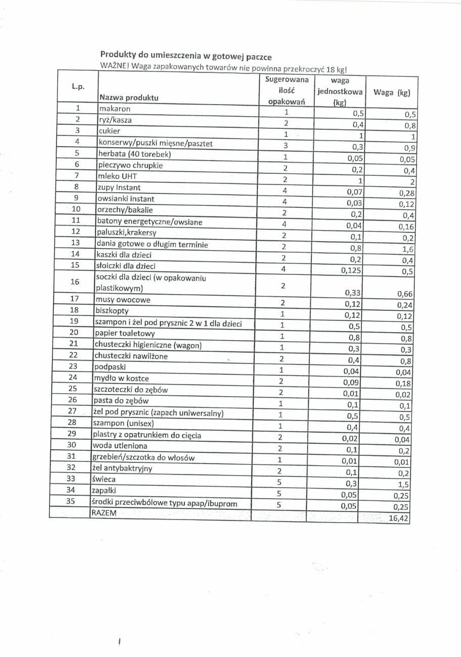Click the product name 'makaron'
point(114,109)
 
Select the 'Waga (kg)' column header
point(391,92)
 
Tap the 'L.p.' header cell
point(78,87)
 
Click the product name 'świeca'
point(104,479)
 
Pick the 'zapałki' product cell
point(105,490)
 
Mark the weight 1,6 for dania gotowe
point(407,249)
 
